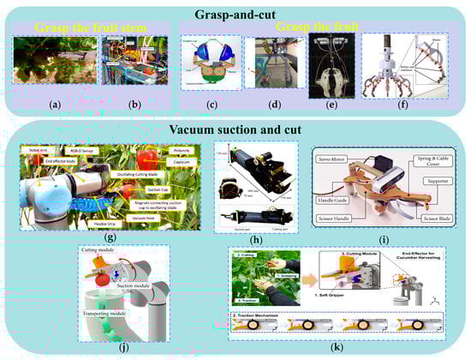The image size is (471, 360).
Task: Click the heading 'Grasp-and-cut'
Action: [x=235, y=15]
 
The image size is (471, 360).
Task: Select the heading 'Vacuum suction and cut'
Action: [x=234, y=129]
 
